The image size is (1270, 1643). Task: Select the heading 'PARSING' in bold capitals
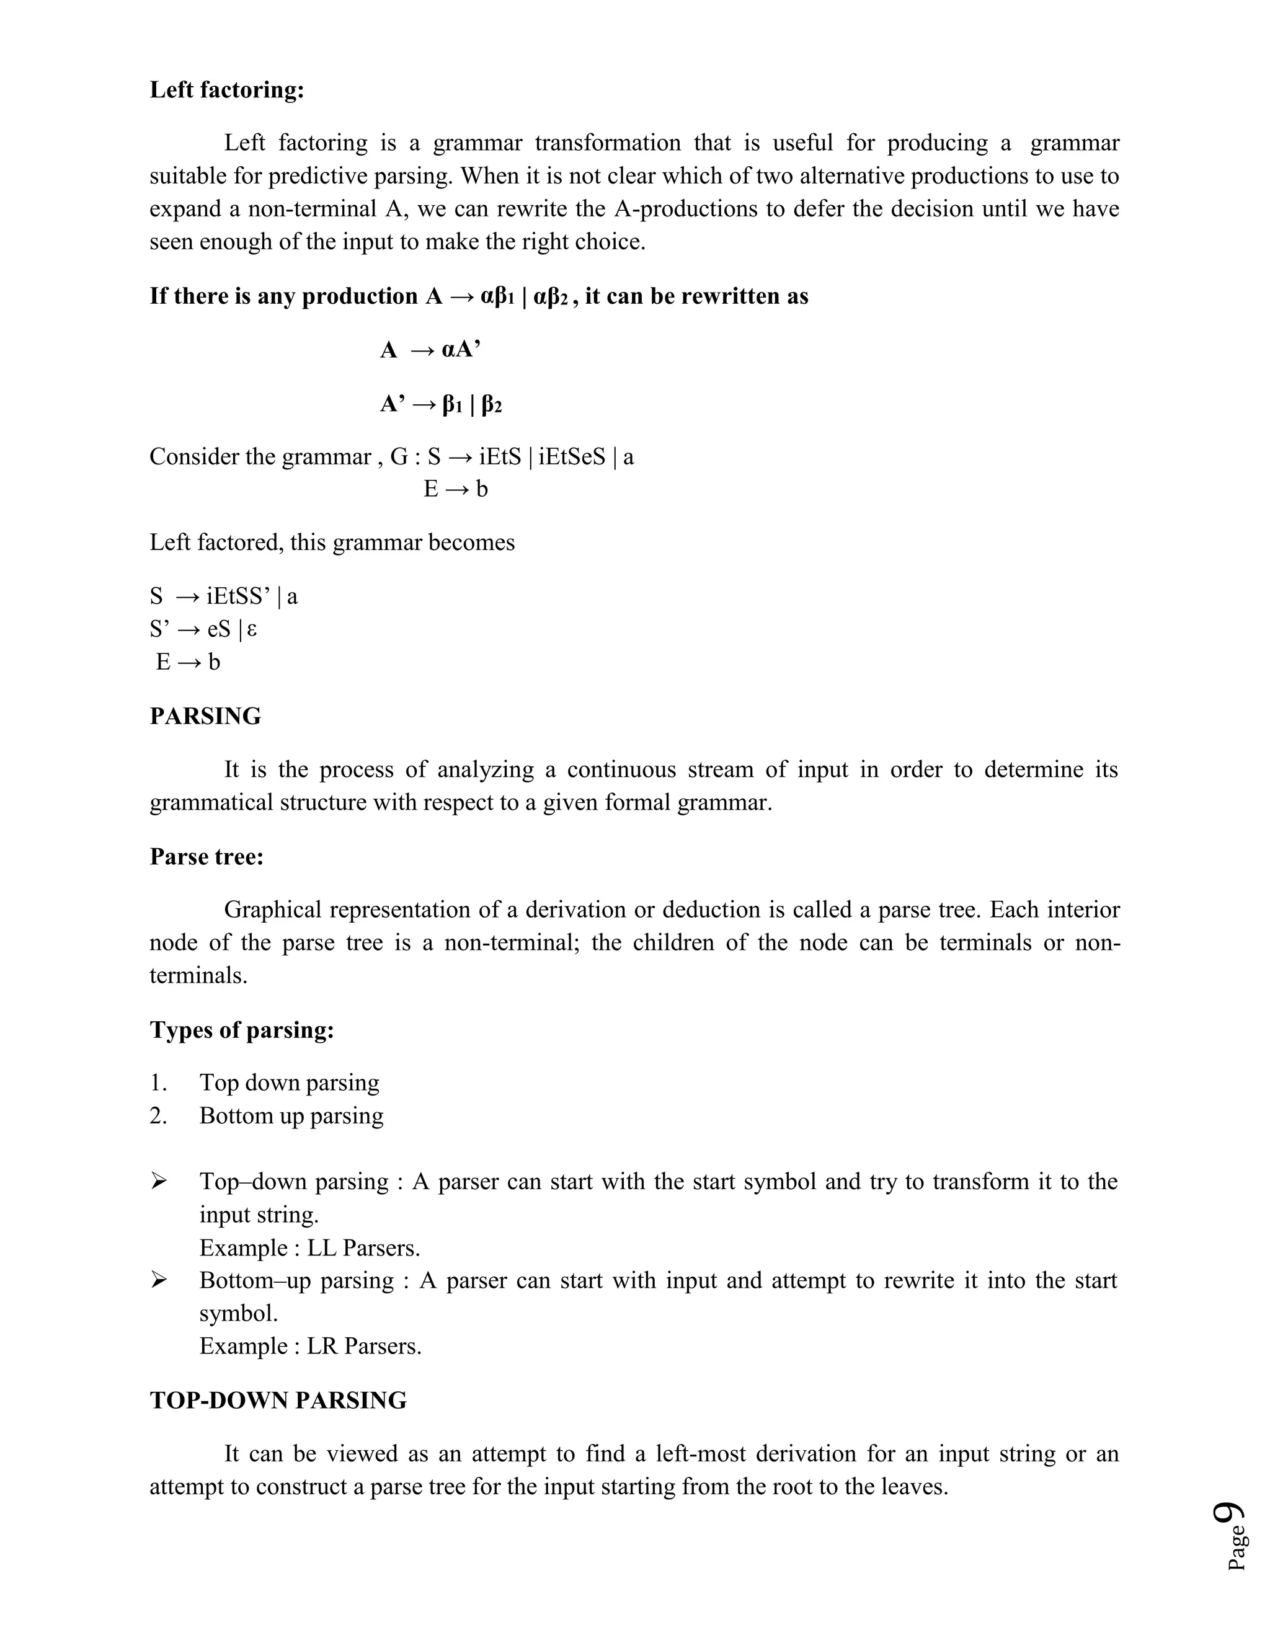pos(205,716)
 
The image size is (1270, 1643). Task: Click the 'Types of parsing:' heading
pos(241,1030)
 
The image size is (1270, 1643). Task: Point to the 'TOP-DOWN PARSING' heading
pos(278,1401)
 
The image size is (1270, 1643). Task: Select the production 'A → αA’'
pos(430,350)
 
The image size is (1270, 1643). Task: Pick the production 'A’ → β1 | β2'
pos(440,405)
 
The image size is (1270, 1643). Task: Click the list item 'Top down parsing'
pos(289,1083)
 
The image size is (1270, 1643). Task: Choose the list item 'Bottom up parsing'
pos(291,1115)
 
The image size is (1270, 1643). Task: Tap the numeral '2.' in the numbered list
pos(158,1115)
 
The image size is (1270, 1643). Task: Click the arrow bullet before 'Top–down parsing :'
pos(158,1182)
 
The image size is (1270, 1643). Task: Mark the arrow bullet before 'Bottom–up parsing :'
pos(158,1280)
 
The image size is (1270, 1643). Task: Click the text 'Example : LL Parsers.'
pos(309,1248)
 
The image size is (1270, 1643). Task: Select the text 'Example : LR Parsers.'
pos(310,1346)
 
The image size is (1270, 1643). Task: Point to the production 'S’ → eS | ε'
pos(203,629)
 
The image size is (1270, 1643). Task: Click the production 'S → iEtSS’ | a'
pos(223,596)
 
